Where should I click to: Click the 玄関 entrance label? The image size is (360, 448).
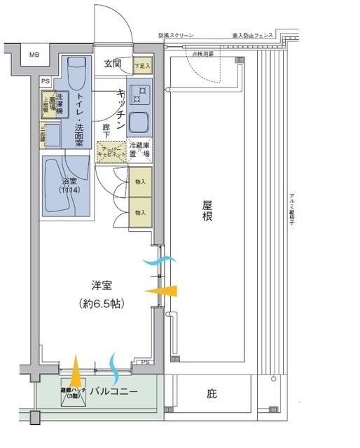(112, 64)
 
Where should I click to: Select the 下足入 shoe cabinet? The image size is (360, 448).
(142, 65)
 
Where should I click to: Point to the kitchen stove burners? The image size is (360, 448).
(140, 94)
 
